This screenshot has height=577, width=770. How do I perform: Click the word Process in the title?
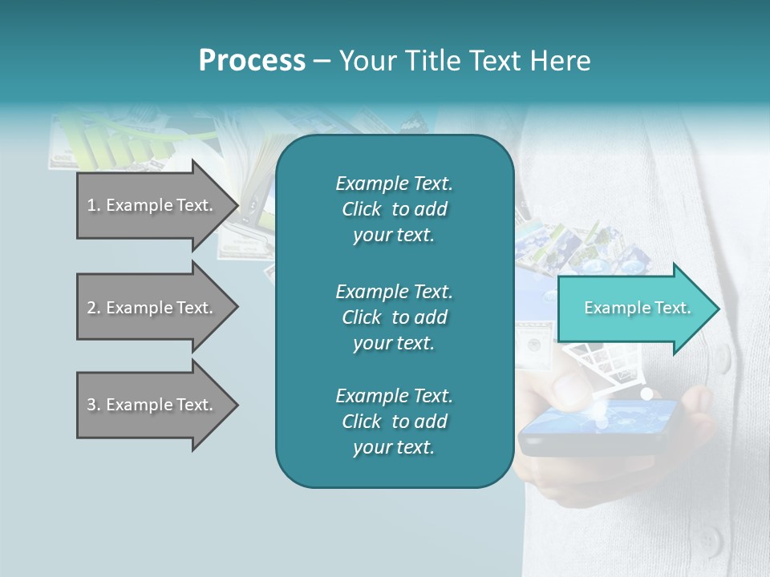(x=252, y=61)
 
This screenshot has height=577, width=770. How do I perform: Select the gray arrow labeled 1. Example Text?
(x=152, y=205)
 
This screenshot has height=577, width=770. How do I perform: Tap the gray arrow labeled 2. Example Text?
(x=152, y=308)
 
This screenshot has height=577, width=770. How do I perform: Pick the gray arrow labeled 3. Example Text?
(x=152, y=405)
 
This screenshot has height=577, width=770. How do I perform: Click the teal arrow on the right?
(x=634, y=309)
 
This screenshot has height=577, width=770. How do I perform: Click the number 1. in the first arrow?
(x=93, y=205)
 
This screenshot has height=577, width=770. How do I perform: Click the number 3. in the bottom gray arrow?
(x=93, y=405)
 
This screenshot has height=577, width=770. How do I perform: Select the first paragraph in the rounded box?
(x=394, y=209)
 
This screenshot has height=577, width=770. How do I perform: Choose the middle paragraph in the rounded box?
(x=394, y=317)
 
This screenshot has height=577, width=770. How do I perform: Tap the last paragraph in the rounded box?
(x=394, y=422)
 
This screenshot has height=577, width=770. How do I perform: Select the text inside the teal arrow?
(x=637, y=308)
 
